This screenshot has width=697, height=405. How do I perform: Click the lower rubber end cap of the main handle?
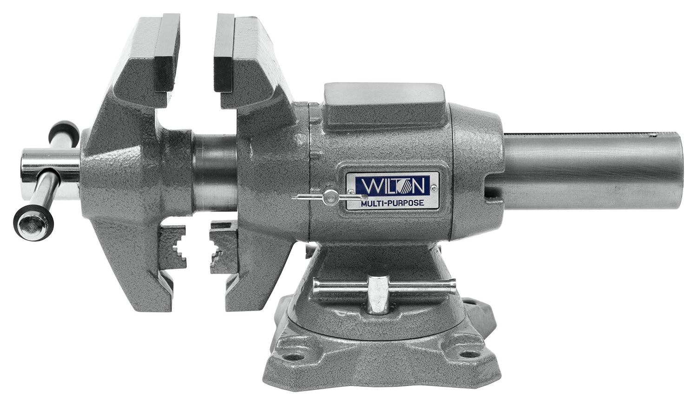pos(33,224)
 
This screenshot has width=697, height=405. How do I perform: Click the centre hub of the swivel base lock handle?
pos(378,293)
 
